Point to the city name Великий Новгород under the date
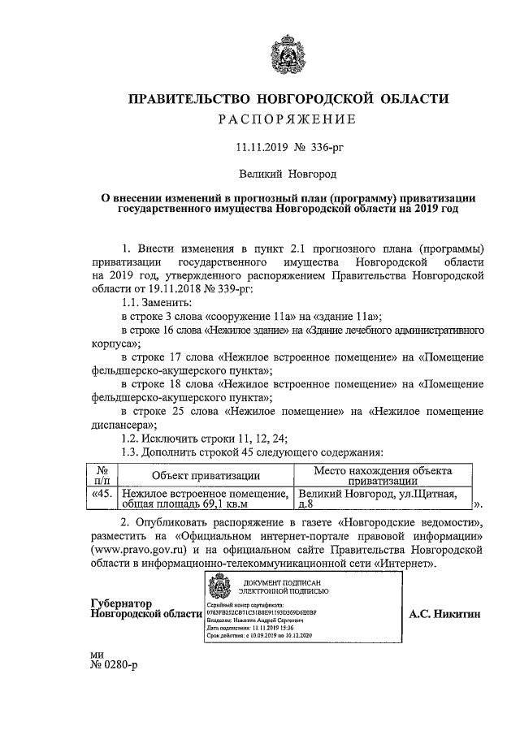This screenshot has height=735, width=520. pos(287,173)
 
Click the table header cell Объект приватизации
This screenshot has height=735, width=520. pos(206,476)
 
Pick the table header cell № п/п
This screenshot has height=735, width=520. pos(102,476)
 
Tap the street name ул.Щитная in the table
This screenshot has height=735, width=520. pos(422,493)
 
